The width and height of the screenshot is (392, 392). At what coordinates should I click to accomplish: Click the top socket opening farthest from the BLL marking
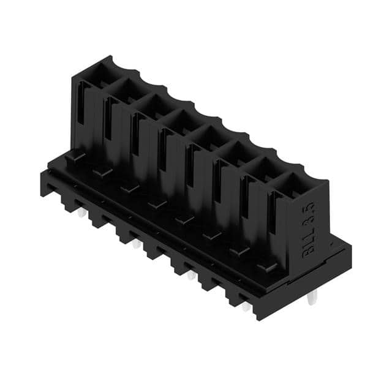tap(98, 73)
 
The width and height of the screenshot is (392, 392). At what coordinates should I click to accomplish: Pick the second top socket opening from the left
tap(126, 89)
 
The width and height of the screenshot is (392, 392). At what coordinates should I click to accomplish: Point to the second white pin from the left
tap(136, 244)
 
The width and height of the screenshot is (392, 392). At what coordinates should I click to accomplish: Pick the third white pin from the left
tap(191, 274)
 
